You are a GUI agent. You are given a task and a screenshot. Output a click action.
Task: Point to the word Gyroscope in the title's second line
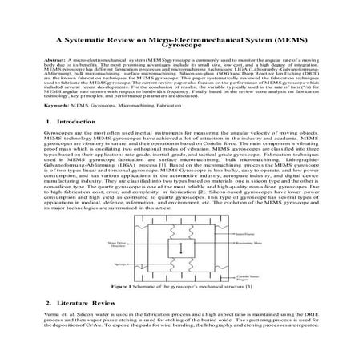[183, 45]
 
